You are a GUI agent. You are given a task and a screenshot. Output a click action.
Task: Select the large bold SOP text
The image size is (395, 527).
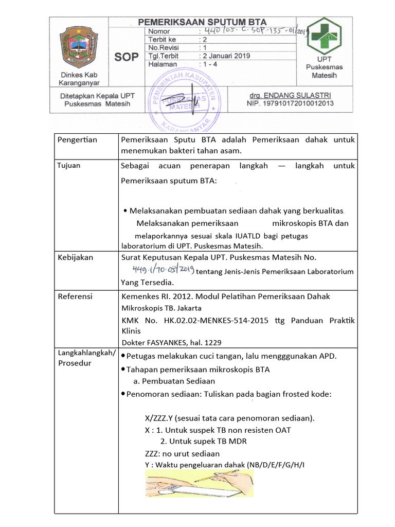point(126,57)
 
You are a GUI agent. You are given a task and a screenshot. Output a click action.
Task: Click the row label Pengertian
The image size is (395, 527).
point(77,140)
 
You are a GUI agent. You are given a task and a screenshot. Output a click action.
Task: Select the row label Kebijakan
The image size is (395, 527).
point(76,257)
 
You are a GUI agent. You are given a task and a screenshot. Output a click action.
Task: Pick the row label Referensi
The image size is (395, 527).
point(75,296)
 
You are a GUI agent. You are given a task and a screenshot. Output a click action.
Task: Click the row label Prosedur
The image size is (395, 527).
point(75,363)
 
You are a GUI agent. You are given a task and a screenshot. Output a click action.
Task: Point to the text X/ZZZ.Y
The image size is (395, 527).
point(159,417)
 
